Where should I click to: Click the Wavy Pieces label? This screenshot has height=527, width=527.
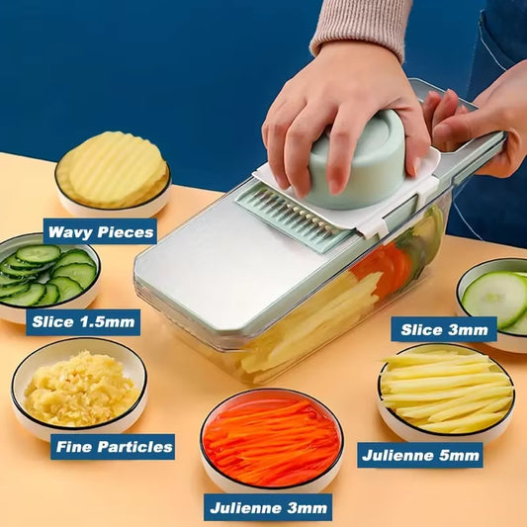click(x=100, y=231)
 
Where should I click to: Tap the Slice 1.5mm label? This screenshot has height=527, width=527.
click(x=83, y=321)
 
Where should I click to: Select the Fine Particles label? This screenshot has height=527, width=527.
click(x=113, y=446)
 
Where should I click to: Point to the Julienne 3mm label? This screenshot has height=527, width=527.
click(x=268, y=508)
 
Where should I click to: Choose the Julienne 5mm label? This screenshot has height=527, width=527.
click(x=419, y=455)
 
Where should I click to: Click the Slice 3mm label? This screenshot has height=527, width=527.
click(x=443, y=329)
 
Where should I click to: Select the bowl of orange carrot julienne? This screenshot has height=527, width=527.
click(x=272, y=439)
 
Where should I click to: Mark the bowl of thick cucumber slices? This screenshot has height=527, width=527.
click(x=494, y=302)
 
